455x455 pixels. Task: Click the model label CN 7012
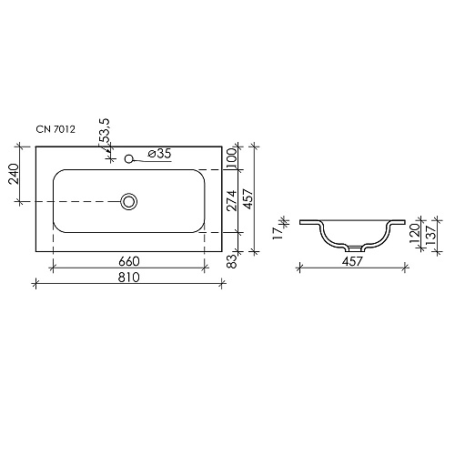click(56, 129)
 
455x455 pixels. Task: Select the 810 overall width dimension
click(129, 278)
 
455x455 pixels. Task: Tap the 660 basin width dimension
click(129, 261)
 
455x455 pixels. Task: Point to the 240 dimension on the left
click(14, 174)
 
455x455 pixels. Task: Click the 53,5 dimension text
click(105, 131)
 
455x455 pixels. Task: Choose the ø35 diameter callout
click(159, 154)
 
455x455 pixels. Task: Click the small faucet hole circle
click(129, 158)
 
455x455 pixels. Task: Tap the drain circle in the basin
click(129, 201)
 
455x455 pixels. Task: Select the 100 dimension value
click(231, 158)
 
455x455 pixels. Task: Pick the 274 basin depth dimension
click(232, 200)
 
